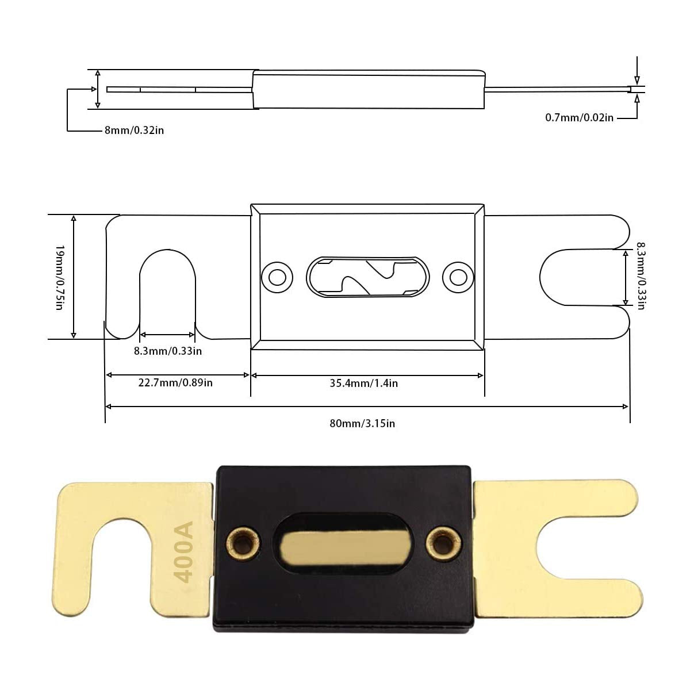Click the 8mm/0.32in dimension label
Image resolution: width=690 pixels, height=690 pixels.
[134, 130]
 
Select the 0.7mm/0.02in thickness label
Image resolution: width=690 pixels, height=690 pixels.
[579, 117]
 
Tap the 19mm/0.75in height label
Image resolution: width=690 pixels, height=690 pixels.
[59, 277]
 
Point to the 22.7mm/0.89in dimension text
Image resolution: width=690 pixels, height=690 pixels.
[175, 382]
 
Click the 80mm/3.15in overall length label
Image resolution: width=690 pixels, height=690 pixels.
[362, 423]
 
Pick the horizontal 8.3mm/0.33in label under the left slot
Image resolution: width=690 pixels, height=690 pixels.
[168, 351]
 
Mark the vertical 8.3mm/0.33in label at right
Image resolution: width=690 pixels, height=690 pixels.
[641, 276]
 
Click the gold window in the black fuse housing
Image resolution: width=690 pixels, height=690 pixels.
[343, 542]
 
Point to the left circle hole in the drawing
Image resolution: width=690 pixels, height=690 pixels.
[277, 277]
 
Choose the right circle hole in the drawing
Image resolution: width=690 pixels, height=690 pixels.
[458, 277]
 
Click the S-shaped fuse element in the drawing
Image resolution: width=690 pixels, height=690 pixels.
[368, 277]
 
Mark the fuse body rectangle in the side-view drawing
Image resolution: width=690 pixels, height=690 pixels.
[368, 89]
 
